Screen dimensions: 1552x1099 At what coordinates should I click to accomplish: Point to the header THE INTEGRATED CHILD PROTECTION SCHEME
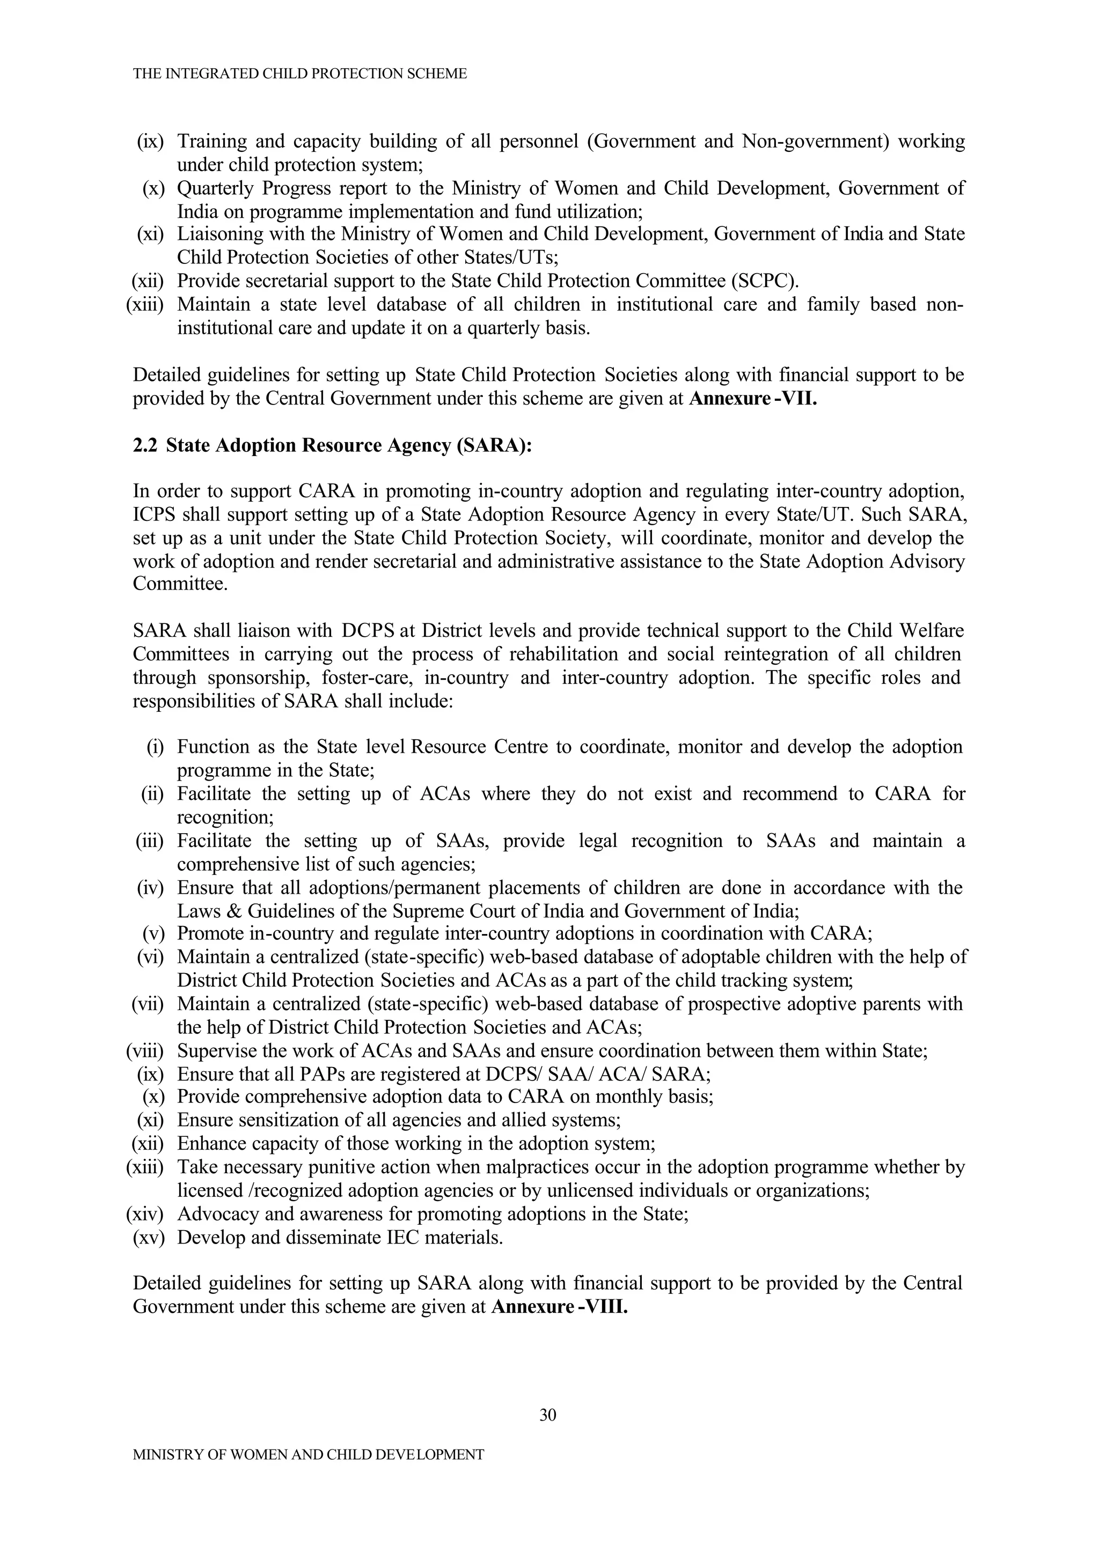tap(300, 73)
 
